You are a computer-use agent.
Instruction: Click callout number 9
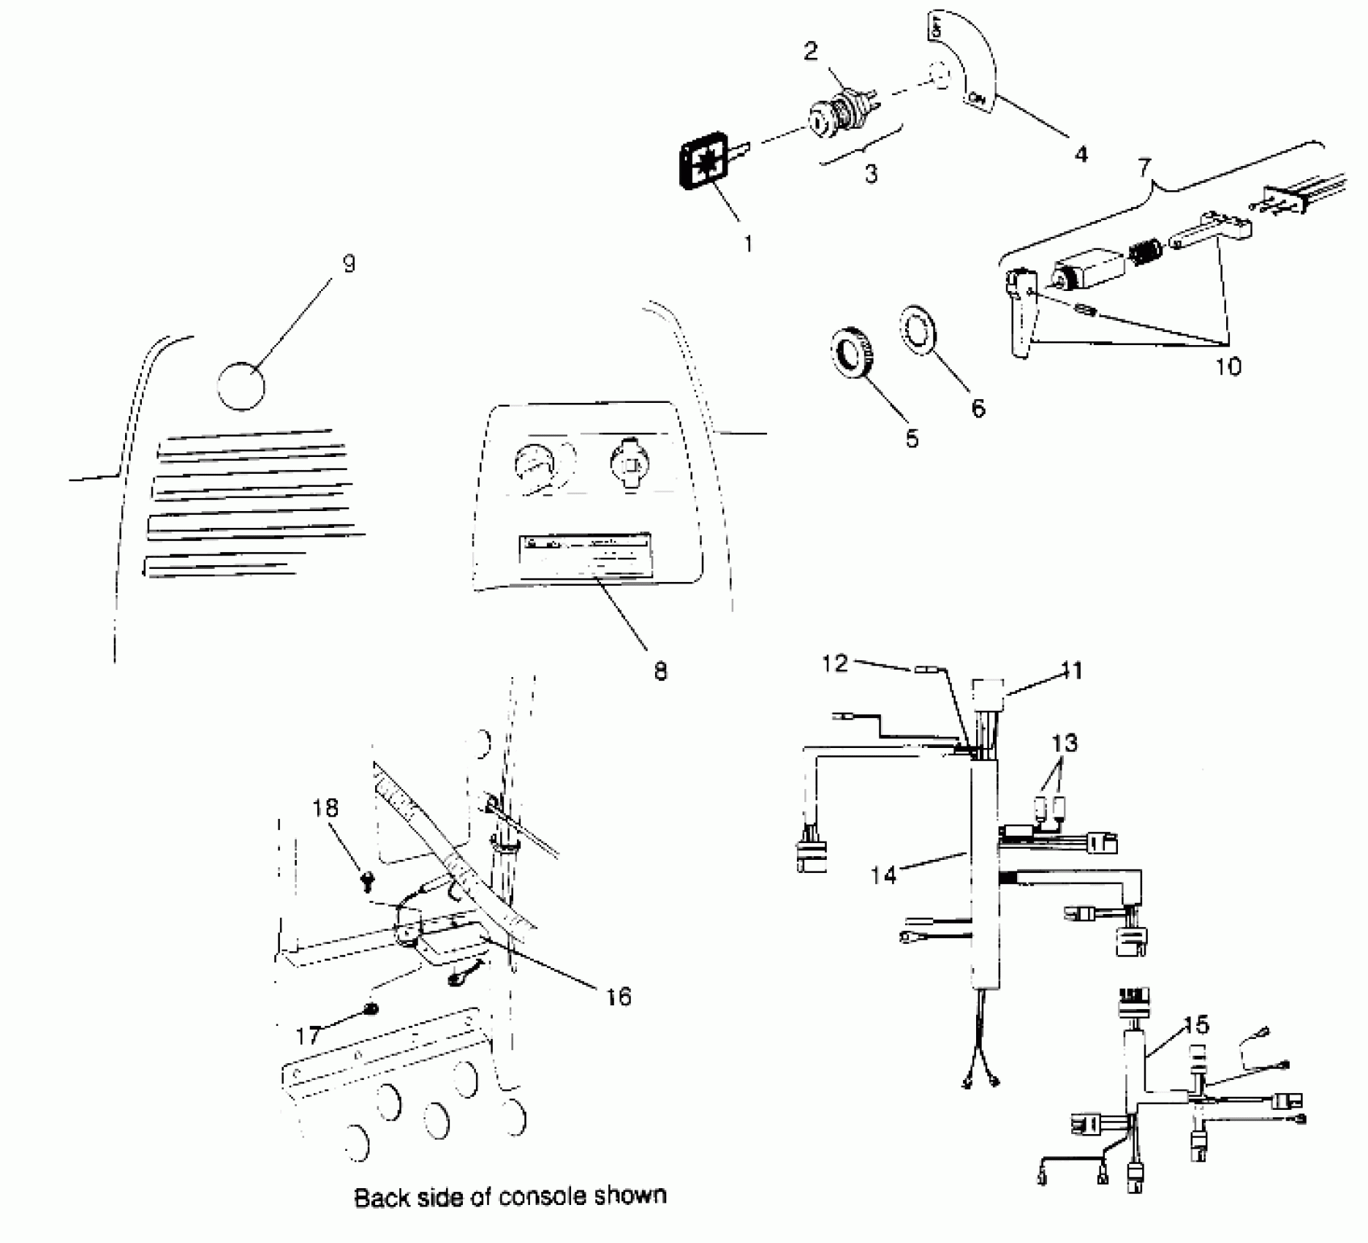tap(349, 264)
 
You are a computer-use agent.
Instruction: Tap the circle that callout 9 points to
tap(241, 385)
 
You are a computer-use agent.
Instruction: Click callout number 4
tap(1081, 154)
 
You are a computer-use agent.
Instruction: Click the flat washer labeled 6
tap(918, 330)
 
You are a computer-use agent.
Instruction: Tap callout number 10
tap(1228, 366)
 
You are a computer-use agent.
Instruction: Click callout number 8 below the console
tap(660, 671)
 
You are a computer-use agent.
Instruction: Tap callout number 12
tap(834, 663)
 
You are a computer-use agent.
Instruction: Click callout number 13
tap(1065, 744)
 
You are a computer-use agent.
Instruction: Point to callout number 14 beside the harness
tap(883, 874)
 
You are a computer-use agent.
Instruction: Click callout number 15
tap(1196, 1025)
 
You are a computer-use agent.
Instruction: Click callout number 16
tap(619, 996)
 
